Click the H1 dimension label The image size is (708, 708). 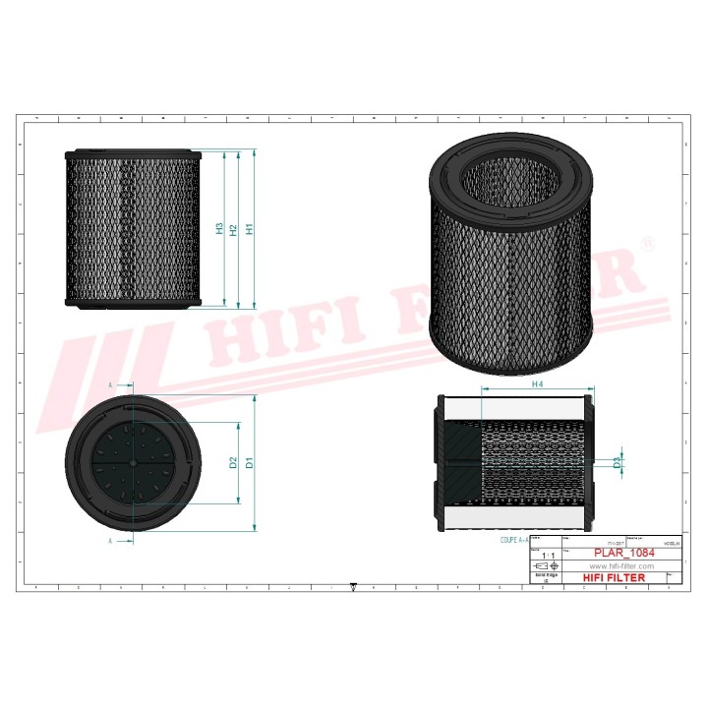tap(251, 229)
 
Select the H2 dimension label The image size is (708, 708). tap(234, 229)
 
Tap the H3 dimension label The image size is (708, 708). tap(219, 229)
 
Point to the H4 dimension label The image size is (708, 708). tap(538, 384)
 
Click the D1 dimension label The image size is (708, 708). tap(251, 461)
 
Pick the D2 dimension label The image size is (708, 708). tap(233, 461)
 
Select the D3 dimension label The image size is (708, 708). tap(617, 461)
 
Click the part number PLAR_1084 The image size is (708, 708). tap(621, 553)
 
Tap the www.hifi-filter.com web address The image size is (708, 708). tap(621, 566)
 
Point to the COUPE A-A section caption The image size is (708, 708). tap(513, 540)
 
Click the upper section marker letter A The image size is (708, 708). tap(111, 384)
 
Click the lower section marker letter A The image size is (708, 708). tap(111, 540)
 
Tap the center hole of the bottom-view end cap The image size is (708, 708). tap(133, 461)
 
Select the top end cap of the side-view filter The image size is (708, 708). tap(133, 155)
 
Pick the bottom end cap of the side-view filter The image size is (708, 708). tap(133, 303)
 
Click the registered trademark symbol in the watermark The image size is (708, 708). tap(647, 242)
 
